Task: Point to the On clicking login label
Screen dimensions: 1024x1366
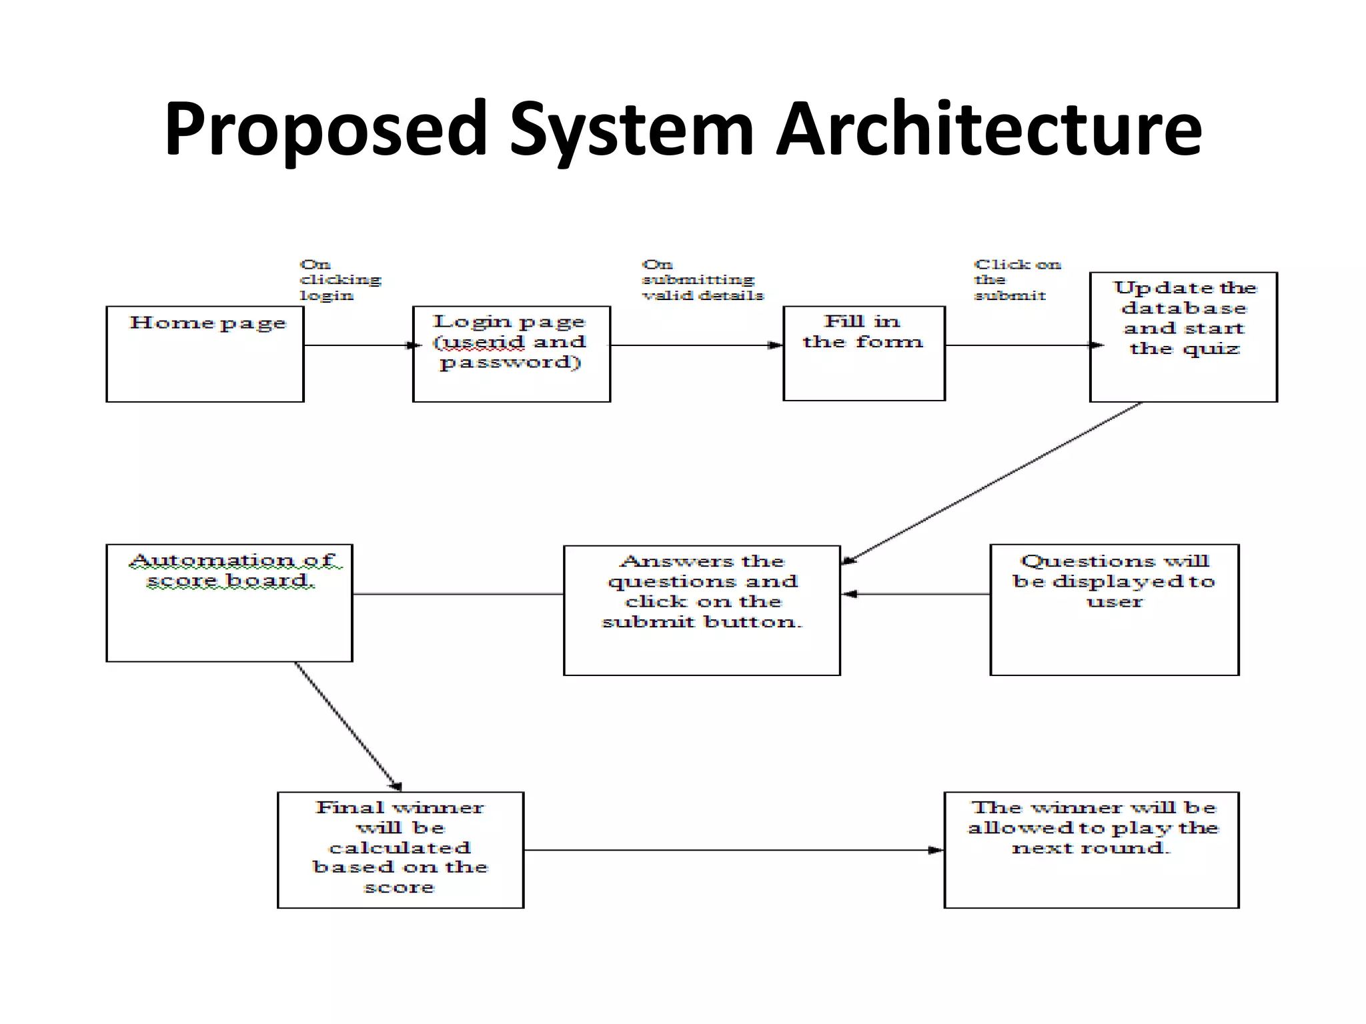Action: tap(339, 280)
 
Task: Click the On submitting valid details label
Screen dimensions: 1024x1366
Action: tap(702, 280)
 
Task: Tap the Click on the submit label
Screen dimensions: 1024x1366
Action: tap(1016, 280)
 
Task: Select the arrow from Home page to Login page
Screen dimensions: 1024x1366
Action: tap(358, 345)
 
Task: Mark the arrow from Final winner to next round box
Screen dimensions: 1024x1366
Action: tap(734, 850)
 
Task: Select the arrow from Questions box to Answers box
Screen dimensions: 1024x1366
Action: tap(915, 593)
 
